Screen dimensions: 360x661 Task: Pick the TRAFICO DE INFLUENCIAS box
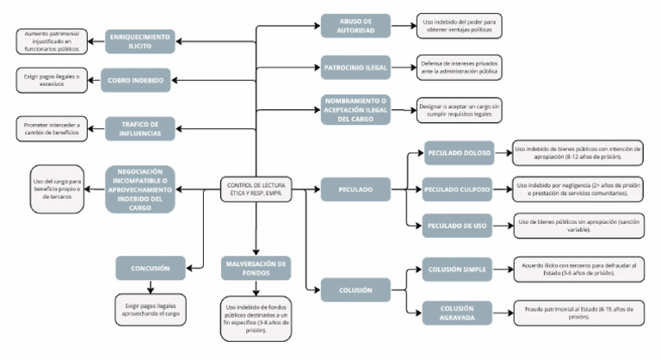(139, 127)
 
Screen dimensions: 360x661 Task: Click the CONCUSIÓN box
(152, 269)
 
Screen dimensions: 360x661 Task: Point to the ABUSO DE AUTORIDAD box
(355, 25)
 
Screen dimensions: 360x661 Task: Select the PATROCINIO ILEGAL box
(355, 66)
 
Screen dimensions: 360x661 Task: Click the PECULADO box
(355, 188)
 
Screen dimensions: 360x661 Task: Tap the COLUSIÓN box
(355, 289)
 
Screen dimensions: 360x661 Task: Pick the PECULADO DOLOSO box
(459, 153)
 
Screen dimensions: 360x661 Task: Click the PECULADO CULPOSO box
(459, 188)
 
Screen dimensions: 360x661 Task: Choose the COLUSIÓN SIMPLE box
(459, 270)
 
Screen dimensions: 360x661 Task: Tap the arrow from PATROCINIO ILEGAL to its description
(403, 66)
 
